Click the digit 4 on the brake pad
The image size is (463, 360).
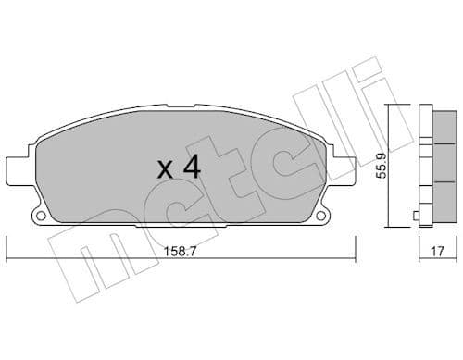coord(192,168)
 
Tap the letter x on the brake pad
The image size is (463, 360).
coord(165,170)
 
